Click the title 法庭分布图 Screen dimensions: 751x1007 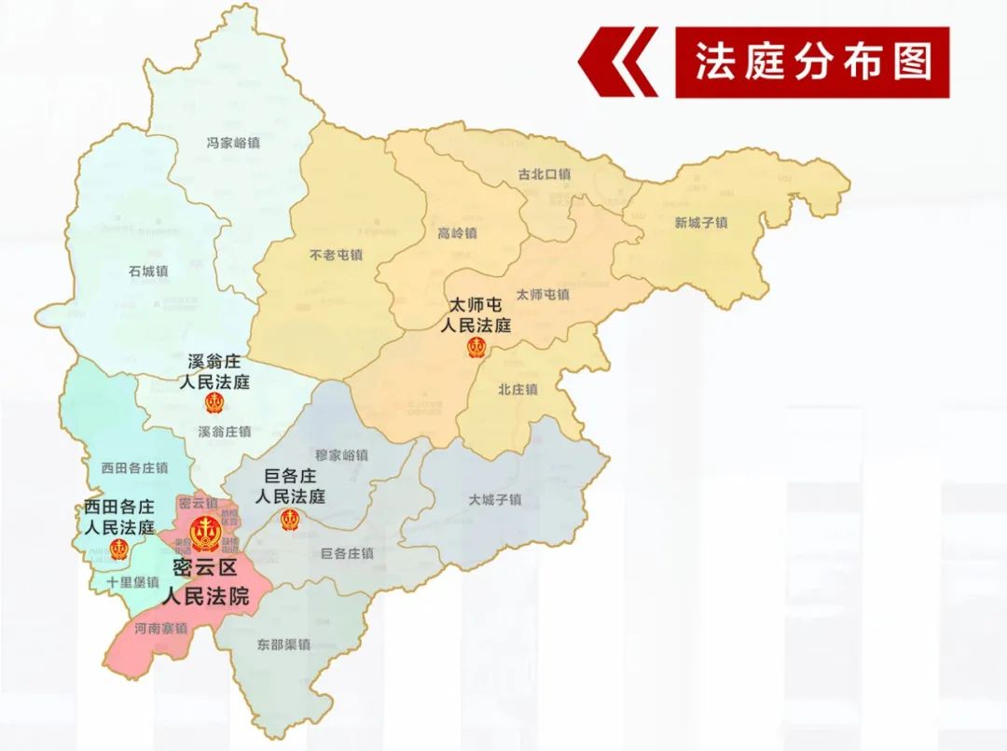[812, 62]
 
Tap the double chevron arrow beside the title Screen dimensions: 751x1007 [618, 63]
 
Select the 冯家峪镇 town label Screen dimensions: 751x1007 [233, 143]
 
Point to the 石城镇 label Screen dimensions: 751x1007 [149, 271]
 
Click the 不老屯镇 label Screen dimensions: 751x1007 [336, 255]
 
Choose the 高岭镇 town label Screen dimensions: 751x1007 [457, 233]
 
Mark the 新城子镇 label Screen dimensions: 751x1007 [701, 223]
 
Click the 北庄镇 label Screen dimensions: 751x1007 [517, 389]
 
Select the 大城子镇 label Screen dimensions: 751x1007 [495, 500]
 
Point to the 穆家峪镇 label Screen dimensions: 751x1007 [341, 455]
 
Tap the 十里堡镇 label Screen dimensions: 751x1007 [132, 581]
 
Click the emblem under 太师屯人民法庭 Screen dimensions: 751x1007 [476, 348]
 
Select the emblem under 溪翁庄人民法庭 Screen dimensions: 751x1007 [215, 404]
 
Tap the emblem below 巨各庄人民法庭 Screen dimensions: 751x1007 [290, 520]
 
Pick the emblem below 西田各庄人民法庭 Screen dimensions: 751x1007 [118, 549]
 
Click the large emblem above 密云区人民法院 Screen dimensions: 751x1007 [205, 533]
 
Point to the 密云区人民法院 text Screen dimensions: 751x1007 [207, 583]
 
